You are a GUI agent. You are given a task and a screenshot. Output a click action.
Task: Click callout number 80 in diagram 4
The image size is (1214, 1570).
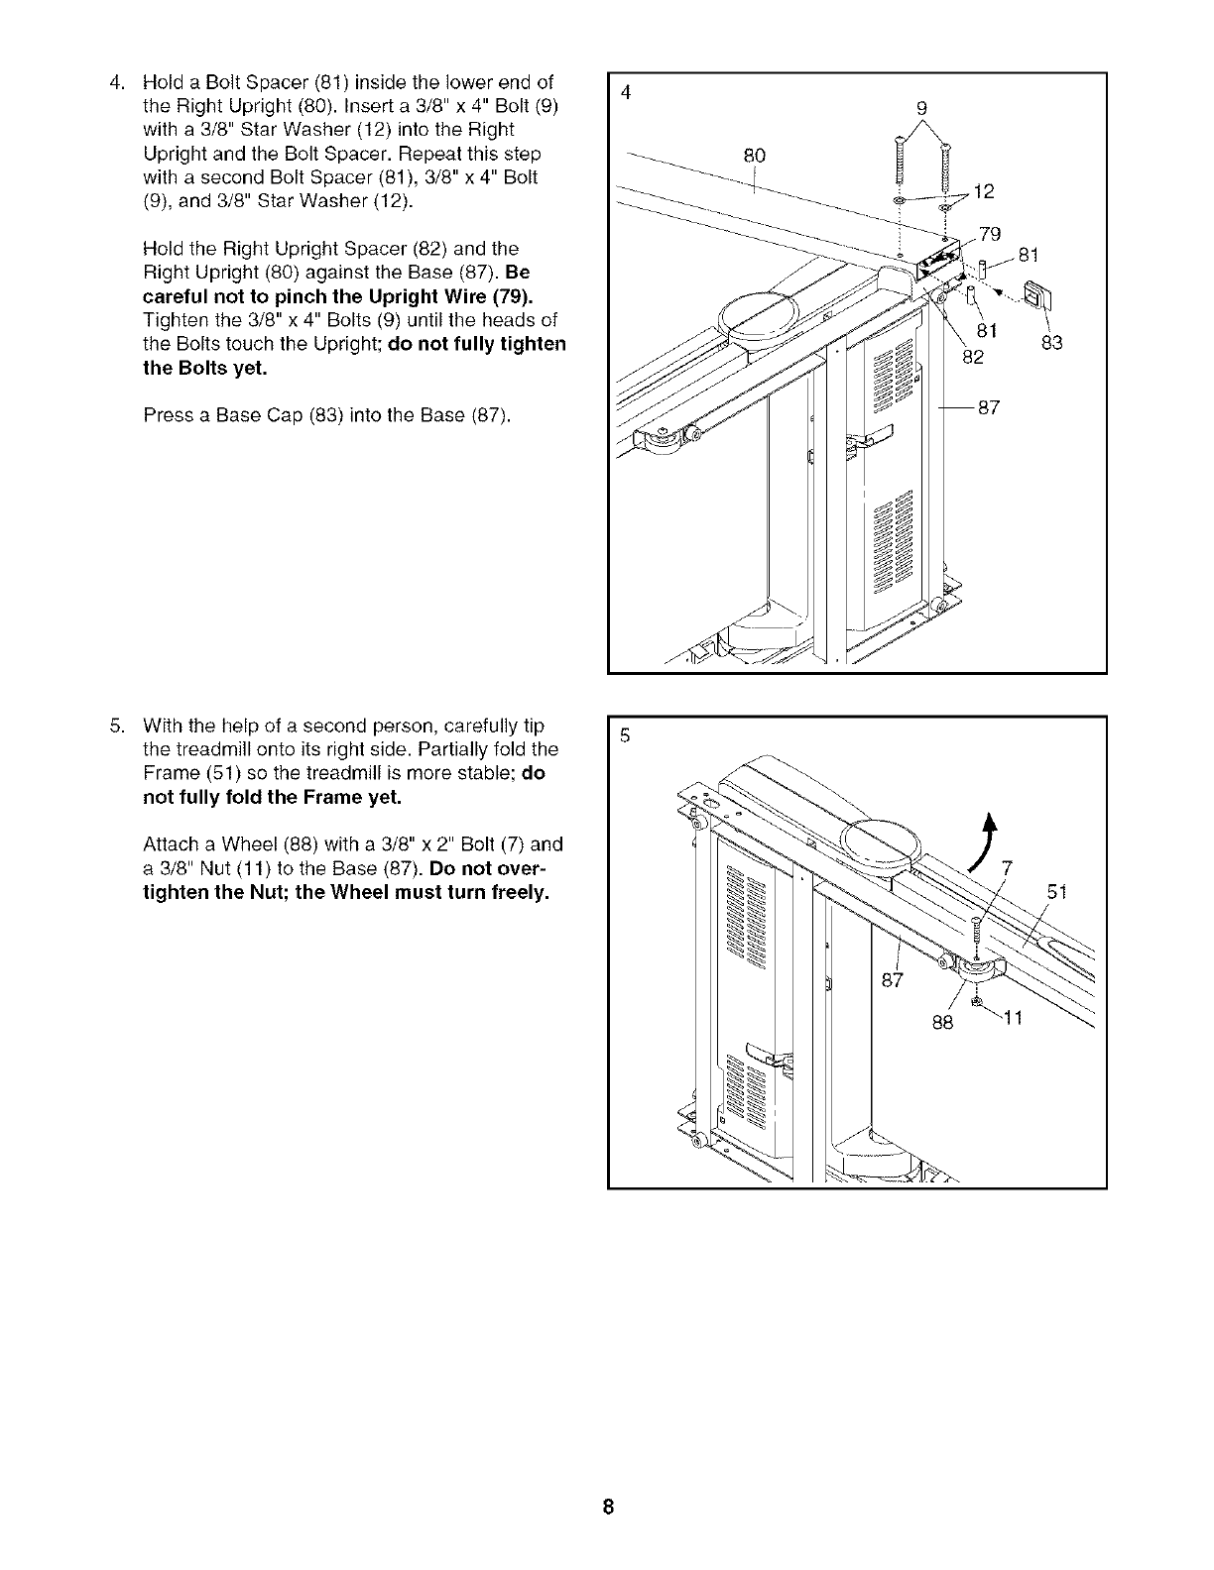point(755,156)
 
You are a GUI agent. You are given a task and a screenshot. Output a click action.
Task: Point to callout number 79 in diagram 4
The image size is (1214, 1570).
point(989,234)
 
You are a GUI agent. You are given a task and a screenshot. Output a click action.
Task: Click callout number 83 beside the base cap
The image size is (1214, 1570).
point(1051,343)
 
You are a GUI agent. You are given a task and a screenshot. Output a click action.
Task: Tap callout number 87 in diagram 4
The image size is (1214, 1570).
point(989,407)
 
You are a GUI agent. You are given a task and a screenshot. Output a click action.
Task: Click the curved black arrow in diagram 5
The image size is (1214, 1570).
point(985,841)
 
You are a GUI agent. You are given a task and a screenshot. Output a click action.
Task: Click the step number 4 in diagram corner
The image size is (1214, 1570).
point(625,93)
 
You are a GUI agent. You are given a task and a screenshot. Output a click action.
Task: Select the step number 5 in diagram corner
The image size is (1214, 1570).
point(625,736)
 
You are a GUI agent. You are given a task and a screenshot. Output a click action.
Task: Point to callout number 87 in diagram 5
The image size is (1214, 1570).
point(893,980)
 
